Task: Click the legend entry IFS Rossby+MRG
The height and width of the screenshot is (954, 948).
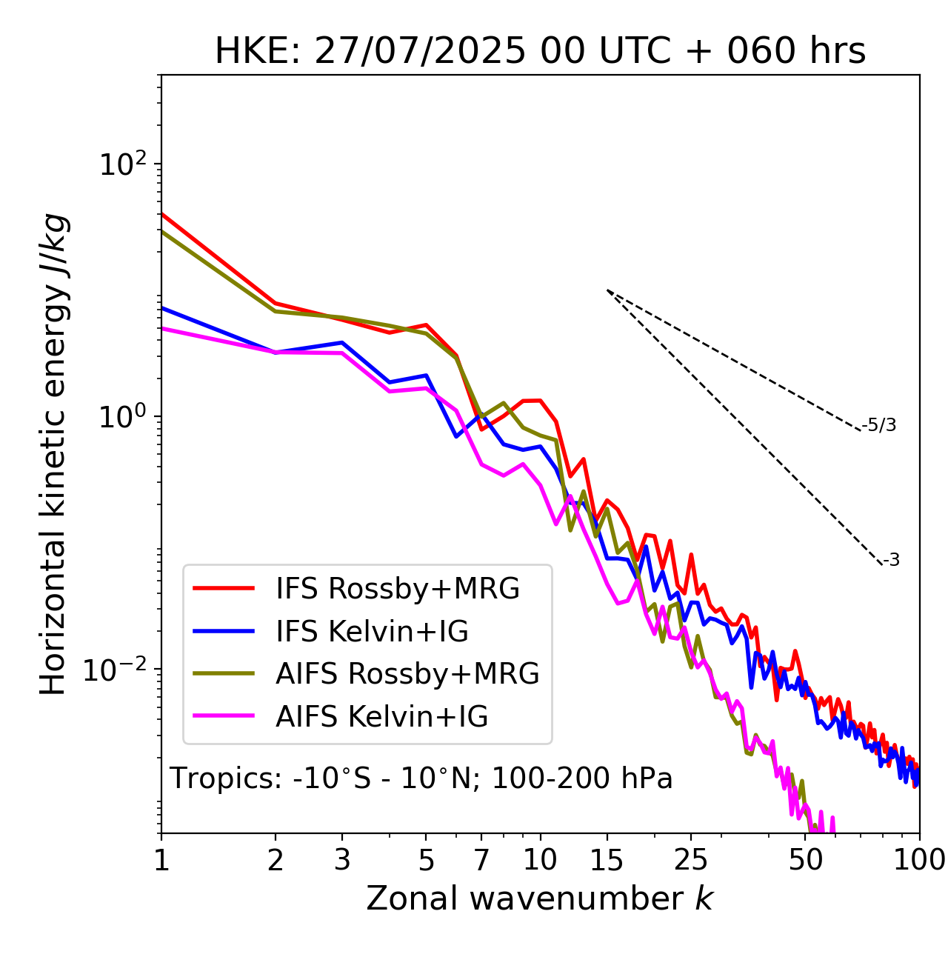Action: click(397, 589)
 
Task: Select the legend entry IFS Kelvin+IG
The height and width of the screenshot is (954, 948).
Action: click(372, 632)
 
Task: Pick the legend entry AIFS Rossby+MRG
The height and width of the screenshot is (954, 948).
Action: click(407, 674)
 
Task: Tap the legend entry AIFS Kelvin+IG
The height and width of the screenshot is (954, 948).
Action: click(381, 717)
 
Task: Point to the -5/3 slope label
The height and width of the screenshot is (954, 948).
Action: click(879, 426)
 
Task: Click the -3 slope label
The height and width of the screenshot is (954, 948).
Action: click(891, 561)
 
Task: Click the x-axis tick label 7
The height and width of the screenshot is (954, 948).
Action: click(481, 860)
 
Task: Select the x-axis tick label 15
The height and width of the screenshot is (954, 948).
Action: click(607, 860)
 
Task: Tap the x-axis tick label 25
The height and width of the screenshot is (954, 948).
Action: click(691, 860)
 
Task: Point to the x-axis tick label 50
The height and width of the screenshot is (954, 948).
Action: click(806, 860)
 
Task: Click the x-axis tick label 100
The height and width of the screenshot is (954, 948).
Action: click(920, 860)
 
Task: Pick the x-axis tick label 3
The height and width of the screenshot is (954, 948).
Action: click(343, 860)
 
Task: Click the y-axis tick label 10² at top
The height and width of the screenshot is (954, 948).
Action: click(122, 164)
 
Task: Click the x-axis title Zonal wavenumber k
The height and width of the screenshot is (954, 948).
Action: click(540, 898)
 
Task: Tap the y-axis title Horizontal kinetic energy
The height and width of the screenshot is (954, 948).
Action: click(54, 454)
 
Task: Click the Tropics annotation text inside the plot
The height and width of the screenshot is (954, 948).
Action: click(421, 779)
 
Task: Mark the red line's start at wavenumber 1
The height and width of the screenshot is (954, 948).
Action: click(162, 214)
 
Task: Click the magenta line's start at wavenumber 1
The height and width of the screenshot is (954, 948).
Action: click(162, 327)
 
